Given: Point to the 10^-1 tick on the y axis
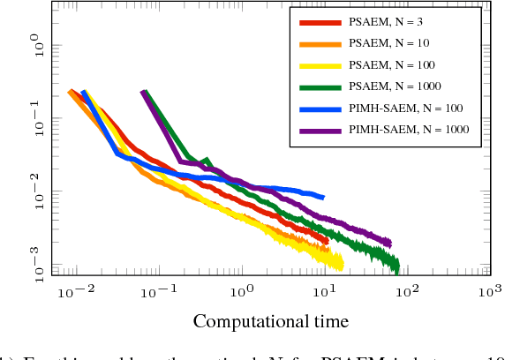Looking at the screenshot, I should (x=40, y=118).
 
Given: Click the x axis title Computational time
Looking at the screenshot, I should (x=270, y=320).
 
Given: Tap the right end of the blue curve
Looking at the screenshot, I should (x=324, y=197).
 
